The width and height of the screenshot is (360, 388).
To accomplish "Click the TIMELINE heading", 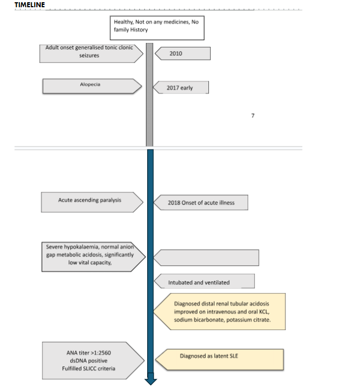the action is [30, 4].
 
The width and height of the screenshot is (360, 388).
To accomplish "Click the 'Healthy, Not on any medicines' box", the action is [157, 28].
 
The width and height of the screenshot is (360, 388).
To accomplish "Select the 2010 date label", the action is [183, 54].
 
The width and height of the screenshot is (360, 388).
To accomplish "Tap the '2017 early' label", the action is [181, 88].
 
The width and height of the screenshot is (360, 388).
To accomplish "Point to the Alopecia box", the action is [92, 86].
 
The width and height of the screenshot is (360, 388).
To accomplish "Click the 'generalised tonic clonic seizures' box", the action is [91, 54].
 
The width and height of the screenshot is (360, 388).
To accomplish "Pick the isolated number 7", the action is [252, 115].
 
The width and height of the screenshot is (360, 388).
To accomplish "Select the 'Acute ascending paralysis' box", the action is [92, 202].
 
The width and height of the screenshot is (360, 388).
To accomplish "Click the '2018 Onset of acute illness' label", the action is [201, 202].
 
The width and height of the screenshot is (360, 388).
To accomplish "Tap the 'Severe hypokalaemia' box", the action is [94, 257].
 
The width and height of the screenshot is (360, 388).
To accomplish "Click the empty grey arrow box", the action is [206, 258].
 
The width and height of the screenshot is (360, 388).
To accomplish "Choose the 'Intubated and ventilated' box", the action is [205, 281].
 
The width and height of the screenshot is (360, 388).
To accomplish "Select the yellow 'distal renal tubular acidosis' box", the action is [220, 312].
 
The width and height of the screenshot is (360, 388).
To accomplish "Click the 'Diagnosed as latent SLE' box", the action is [220, 360].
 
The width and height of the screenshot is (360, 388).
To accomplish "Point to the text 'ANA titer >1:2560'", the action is [89, 353].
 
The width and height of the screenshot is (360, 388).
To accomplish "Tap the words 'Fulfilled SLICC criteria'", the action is [89, 368].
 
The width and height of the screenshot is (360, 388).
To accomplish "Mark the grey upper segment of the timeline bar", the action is [149, 95].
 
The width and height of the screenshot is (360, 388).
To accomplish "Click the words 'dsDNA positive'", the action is [89, 361].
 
